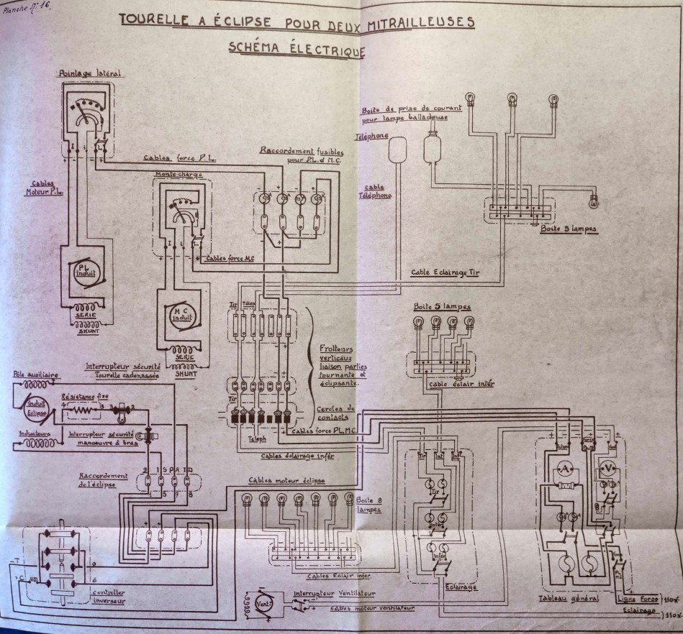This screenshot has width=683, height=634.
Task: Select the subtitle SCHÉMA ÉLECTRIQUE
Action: pyautogui.click(x=296, y=49)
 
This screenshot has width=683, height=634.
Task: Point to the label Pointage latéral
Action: pyautogui.click(x=91, y=73)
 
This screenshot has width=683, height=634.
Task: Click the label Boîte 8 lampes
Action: pyautogui.click(x=368, y=502)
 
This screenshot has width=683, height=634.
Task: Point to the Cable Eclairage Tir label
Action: pyautogui.click(x=445, y=272)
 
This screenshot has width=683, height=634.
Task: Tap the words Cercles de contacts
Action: pyautogui.click(x=338, y=411)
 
